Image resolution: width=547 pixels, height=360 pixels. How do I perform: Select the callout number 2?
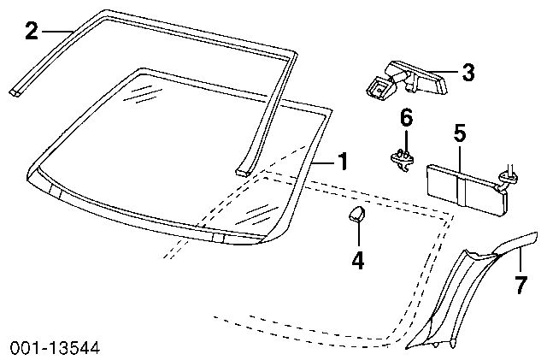click(32, 31)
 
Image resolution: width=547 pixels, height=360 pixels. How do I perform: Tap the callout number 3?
click(468, 72)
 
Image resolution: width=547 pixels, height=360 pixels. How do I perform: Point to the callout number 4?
click(358, 260)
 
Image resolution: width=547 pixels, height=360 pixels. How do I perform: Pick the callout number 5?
click(460, 133)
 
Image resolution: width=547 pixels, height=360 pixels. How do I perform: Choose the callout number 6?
click(406, 117)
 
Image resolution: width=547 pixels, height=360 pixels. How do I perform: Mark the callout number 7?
click(521, 285)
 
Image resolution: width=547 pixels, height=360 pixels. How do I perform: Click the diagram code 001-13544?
click(55, 347)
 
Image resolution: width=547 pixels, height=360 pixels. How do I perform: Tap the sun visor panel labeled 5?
click(467, 189)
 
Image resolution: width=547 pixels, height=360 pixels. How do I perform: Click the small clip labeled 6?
click(403, 160)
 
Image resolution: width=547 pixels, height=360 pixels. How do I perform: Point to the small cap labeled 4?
click(356, 214)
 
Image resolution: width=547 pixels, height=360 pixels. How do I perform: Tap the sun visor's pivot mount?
click(509, 177)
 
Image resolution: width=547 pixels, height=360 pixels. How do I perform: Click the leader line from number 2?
click(57, 31)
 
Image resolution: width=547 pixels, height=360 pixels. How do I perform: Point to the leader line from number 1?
click(322, 162)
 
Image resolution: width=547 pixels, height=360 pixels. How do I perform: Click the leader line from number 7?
click(520, 259)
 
